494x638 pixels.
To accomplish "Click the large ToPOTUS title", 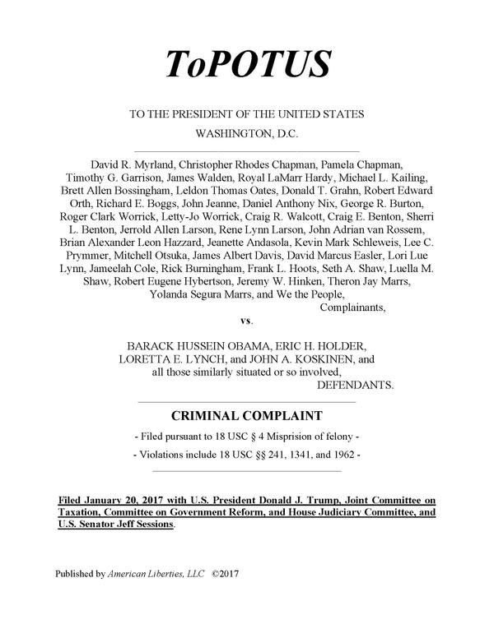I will pyautogui.click(x=247, y=63).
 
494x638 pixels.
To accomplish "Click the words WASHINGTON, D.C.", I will pyautogui.click(x=246, y=132).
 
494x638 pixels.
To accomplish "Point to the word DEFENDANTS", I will pyautogui.click(x=355, y=385).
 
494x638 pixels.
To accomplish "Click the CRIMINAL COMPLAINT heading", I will pyautogui.click(x=246, y=416).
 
